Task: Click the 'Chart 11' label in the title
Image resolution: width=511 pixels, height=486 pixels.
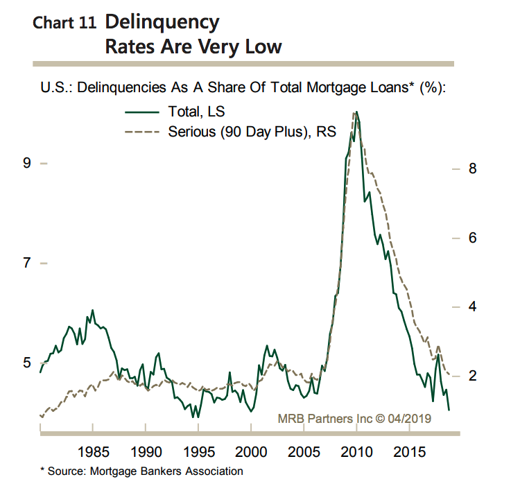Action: coord(64,24)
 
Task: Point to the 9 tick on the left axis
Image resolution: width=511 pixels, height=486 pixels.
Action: coord(27,163)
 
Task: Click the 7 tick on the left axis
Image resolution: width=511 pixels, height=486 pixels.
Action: coord(27,263)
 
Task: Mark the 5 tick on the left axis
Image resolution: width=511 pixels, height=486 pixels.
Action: coord(27,363)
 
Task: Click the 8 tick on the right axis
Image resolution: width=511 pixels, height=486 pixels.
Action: coord(473,168)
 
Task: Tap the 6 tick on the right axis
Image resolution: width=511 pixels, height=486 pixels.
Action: coord(473,238)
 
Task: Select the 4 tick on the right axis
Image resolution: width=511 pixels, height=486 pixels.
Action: coord(473,306)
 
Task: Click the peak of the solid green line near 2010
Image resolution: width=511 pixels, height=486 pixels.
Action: coord(356,112)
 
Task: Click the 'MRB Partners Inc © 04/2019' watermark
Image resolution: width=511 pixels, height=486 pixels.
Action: coord(355,418)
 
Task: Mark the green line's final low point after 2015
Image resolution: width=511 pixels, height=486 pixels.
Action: coord(449,410)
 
